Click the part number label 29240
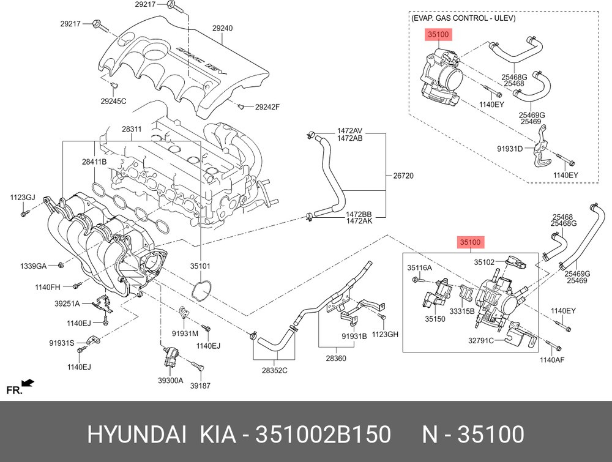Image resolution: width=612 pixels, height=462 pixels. (223, 28)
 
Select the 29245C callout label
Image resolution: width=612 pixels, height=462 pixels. (113, 101)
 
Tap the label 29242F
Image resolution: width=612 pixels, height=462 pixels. (267, 107)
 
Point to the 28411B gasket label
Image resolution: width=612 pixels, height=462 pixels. (95, 162)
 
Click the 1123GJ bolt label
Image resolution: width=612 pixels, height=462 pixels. (22, 197)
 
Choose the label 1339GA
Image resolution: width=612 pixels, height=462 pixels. (32, 266)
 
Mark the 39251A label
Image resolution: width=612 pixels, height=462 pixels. (67, 303)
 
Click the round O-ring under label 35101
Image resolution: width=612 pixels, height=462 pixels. (202, 291)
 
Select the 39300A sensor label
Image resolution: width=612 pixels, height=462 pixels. (170, 380)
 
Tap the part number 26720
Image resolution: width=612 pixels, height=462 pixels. (403, 176)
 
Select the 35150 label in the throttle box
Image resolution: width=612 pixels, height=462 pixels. (435, 319)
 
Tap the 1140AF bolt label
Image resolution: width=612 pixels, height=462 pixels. (551, 360)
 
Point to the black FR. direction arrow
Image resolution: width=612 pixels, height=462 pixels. (28, 383)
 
